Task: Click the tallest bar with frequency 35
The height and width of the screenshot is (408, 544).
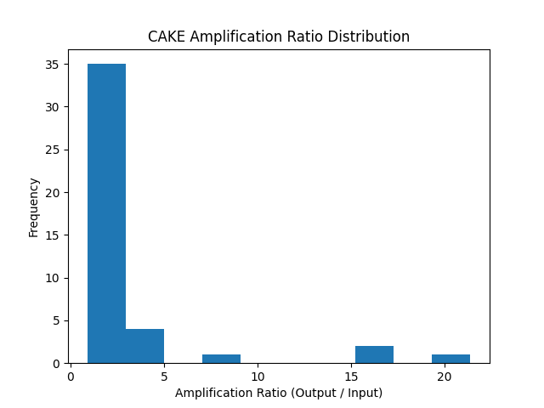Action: coord(106,213)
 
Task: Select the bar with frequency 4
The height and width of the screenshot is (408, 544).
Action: coord(144,346)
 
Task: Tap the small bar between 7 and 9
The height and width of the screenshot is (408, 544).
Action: coord(221,359)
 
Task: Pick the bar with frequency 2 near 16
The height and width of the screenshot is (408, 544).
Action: coord(374,354)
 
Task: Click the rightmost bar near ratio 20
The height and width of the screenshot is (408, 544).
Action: coord(450,359)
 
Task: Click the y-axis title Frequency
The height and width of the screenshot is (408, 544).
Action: coord(34,207)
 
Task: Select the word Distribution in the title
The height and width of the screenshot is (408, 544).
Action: coord(370,37)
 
